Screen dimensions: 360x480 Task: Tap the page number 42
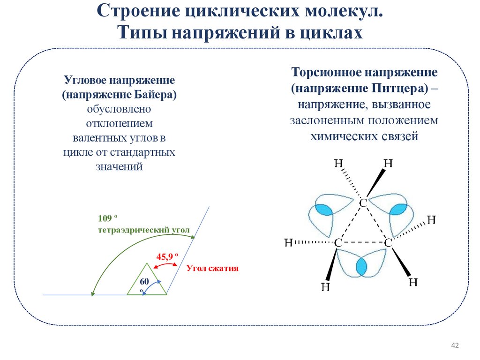click(454, 345)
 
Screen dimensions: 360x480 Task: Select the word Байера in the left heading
click(149, 95)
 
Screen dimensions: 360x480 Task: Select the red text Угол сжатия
click(213, 269)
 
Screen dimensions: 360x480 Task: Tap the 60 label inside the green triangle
click(144, 281)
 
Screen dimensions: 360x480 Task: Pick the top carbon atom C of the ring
click(363, 203)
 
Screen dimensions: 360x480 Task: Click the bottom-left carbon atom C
click(338, 243)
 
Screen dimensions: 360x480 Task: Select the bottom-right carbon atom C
click(388, 243)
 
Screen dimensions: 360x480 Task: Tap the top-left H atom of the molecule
click(338, 163)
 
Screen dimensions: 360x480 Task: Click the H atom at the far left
click(289, 242)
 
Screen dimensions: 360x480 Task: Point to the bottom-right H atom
click(413, 282)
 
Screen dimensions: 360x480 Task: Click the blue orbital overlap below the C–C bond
click(361, 267)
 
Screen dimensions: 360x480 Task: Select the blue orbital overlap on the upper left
click(322, 209)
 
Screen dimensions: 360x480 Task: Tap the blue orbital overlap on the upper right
click(399, 209)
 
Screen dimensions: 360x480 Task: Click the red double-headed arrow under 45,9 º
click(165, 265)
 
